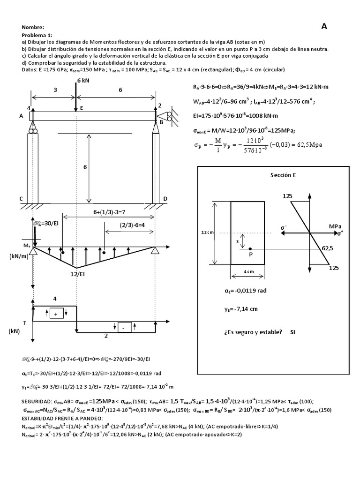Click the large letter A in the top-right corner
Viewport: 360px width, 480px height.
pos(323,27)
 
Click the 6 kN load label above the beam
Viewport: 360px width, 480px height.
pos(82,81)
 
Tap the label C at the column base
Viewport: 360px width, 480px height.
pos(21,199)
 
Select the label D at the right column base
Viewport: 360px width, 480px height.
pos(165,199)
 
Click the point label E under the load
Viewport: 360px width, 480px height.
pos(81,108)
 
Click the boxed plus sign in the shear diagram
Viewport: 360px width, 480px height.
pos(56,314)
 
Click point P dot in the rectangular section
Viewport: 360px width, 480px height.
pos(250,249)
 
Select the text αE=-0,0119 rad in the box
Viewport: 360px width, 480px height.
pos(246,291)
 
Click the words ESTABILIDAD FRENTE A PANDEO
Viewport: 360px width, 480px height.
pos(59,418)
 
